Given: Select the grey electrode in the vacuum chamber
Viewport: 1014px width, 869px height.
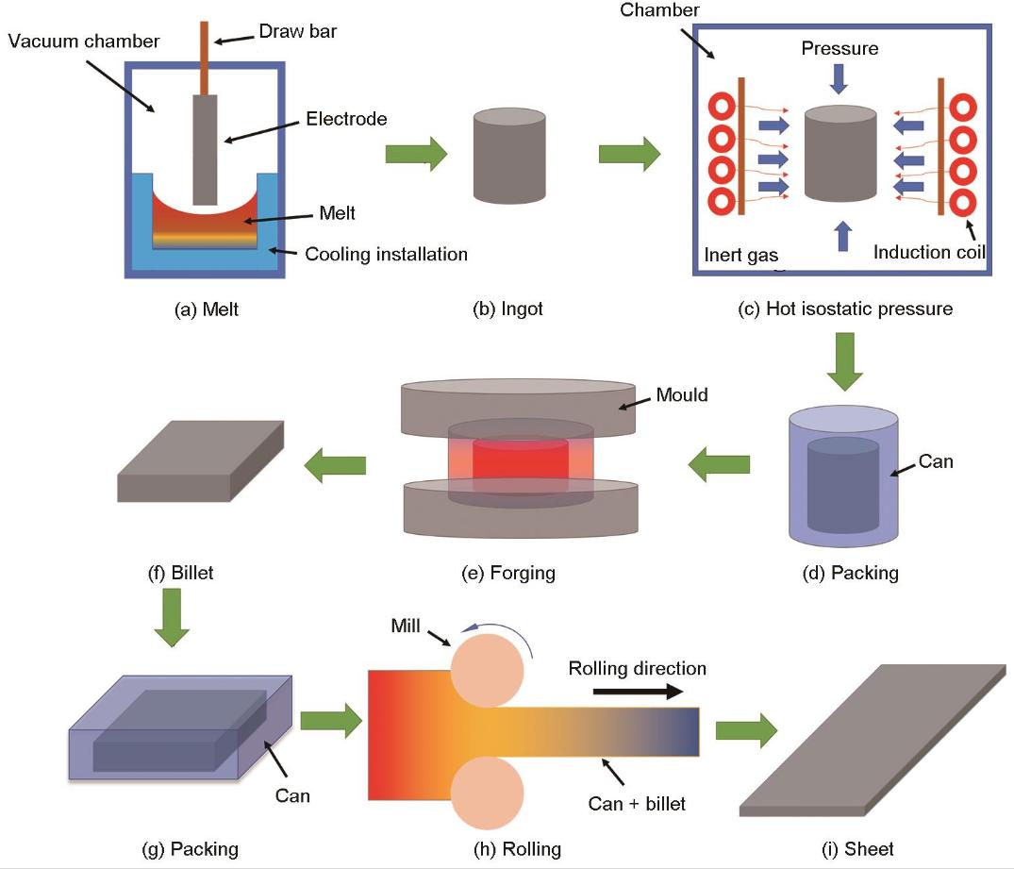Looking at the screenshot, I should tap(205, 146).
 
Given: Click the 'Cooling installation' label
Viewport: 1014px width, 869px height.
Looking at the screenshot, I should tap(387, 254).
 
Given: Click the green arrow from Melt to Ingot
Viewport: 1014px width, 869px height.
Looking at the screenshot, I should tap(416, 154).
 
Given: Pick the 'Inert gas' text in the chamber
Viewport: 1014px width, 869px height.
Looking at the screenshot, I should tap(741, 254).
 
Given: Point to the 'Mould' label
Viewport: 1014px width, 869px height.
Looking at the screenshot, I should tap(682, 394).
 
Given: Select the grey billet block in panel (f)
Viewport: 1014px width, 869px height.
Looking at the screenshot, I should tap(201, 461).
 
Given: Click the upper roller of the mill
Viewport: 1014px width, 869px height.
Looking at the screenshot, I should tap(488, 671).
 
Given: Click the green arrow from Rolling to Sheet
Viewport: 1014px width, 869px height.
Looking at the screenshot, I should tap(746, 728).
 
